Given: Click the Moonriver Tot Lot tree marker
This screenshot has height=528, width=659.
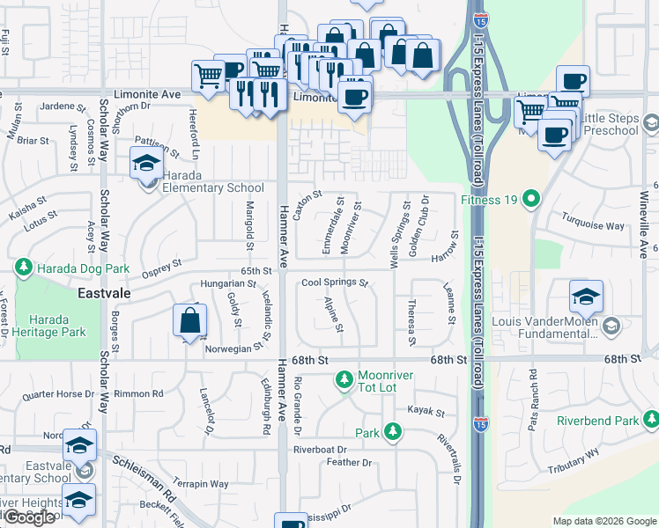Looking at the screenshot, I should [x=344, y=381].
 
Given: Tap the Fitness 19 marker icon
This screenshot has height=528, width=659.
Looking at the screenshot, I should [x=529, y=200].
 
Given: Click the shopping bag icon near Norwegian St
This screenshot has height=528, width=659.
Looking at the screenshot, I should [x=189, y=320].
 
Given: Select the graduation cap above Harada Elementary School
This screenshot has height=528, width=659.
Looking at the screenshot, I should [x=146, y=161].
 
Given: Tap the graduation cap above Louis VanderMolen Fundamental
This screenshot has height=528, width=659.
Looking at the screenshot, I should [x=586, y=297].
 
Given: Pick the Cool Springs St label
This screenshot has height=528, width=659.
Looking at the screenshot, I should [x=334, y=283].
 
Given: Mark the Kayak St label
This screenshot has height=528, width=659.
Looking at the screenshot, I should [x=426, y=411].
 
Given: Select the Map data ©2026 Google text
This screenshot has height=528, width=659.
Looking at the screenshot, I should [x=603, y=521].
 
